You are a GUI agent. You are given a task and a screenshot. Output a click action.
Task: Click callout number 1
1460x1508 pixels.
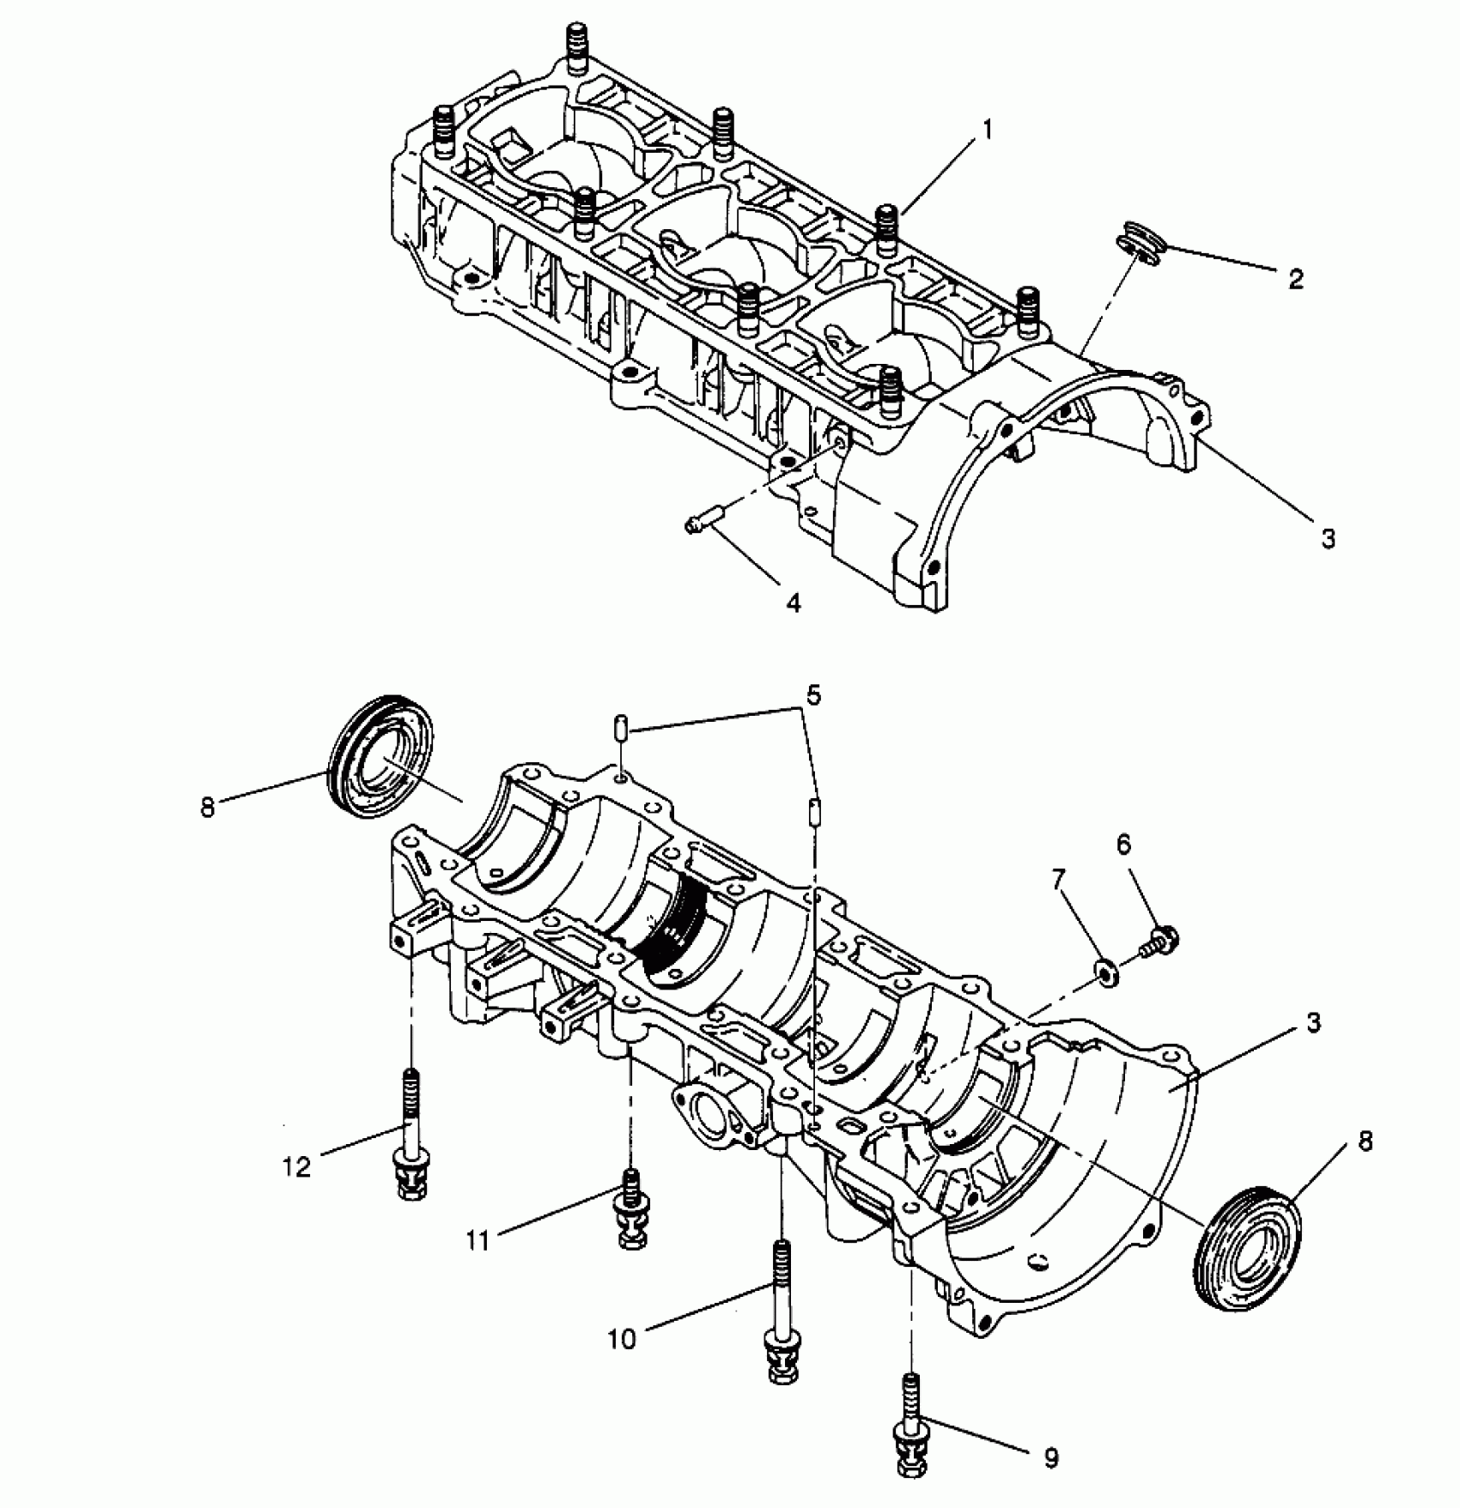click(x=987, y=130)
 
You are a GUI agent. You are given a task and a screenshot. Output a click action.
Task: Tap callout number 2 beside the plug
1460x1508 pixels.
click(x=1296, y=278)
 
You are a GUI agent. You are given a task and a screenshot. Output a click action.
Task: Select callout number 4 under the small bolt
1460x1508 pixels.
click(x=793, y=603)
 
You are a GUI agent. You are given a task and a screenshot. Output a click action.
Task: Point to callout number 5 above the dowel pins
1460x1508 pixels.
click(x=813, y=693)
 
